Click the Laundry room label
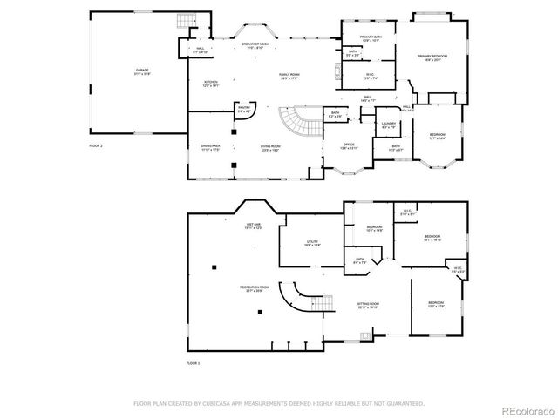click(x=389, y=125)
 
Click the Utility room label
click(x=311, y=244)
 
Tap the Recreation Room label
click(x=255, y=288)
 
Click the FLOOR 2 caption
click(x=96, y=145)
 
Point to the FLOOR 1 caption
click(x=194, y=362)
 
